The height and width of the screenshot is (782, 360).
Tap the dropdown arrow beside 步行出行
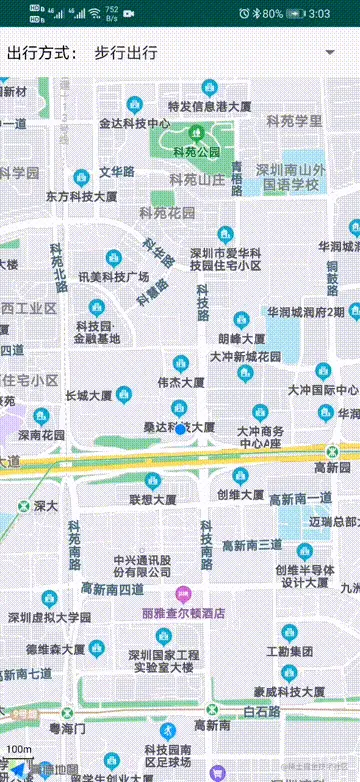click(x=329, y=52)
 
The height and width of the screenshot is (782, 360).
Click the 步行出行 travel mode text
click(x=125, y=53)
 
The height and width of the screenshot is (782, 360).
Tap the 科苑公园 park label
click(x=196, y=152)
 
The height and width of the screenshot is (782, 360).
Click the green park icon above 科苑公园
click(x=196, y=133)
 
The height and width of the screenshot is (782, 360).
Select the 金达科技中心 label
click(x=134, y=123)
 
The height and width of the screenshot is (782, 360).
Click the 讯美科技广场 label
click(x=113, y=276)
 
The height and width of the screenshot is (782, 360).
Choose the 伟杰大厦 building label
click(x=181, y=382)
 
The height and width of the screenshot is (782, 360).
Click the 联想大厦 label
click(x=153, y=498)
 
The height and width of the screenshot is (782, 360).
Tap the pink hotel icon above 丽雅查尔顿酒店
click(x=183, y=595)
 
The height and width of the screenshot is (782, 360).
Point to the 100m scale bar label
click(x=18, y=748)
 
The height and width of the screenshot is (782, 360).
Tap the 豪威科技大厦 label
click(x=289, y=691)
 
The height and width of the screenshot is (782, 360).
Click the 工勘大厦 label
click(x=289, y=651)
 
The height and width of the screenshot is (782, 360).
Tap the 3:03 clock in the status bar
click(x=320, y=14)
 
